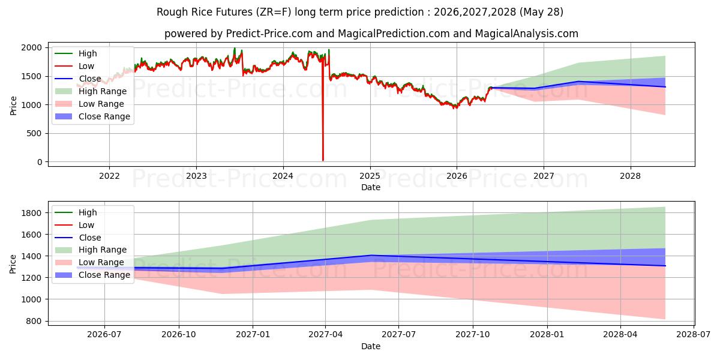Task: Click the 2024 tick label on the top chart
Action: [x=283, y=176]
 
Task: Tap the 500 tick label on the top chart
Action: [x=34, y=133]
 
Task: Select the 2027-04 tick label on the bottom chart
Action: [x=325, y=335]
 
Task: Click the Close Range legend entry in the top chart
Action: [x=92, y=116]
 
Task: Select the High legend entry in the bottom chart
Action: [x=76, y=212]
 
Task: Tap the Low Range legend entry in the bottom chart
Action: [x=89, y=262]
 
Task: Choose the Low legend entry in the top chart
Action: [x=74, y=66]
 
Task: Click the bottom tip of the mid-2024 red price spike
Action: [x=323, y=160]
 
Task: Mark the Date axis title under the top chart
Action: [x=371, y=187]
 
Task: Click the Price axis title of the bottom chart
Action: [x=13, y=264]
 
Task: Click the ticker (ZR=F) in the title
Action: [x=274, y=12]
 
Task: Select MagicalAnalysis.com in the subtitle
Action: [x=527, y=34]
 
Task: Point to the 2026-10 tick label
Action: [x=179, y=335]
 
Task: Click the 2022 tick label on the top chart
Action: [x=109, y=176]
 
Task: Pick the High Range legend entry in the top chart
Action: [x=91, y=91]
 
